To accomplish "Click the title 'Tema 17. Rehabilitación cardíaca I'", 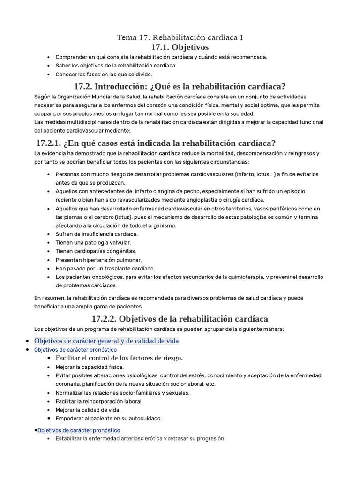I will pos(180,37).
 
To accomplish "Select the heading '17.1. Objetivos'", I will pos(180,47).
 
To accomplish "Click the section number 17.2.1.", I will pos(48,143).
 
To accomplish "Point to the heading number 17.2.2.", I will pos(105,319).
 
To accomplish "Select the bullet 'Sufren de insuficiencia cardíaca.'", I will pos(97,234).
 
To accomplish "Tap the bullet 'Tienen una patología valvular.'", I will pos(93,243).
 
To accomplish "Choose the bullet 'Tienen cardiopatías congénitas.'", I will pos(96,251).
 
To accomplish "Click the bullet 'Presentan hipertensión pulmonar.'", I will pos(98,260).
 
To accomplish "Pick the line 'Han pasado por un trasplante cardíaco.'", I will pos(105,269).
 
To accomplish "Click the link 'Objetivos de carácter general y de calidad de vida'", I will pos(106,341).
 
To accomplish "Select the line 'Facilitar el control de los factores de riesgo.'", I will pos(119,358).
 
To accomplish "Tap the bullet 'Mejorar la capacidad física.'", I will pos(90,367).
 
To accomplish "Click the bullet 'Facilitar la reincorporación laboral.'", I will pos(99,401).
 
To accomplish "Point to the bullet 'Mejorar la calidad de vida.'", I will pos(88,410).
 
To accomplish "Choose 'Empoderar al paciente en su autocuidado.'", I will pos(109,418).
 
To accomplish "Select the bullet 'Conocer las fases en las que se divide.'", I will pos(104,74).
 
